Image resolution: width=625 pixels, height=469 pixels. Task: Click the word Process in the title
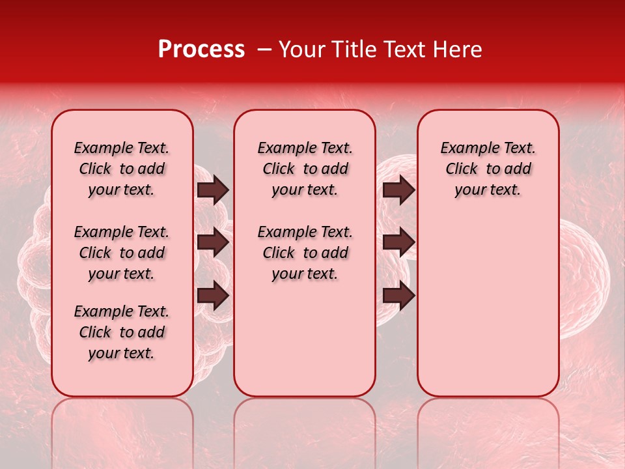click(201, 50)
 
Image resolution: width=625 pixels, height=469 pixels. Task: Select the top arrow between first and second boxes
click(213, 190)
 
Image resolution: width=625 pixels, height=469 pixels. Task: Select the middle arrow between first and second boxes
click(213, 243)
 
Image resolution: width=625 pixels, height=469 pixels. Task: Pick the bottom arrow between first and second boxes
click(213, 296)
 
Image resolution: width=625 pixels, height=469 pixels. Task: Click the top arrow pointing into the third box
click(398, 190)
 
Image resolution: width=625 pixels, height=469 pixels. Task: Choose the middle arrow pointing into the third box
click(398, 243)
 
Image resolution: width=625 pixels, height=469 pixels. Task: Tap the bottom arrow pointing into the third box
click(398, 296)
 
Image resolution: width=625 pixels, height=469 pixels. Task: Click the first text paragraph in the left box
click(122, 169)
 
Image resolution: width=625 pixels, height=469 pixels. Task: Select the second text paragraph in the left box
click(122, 253)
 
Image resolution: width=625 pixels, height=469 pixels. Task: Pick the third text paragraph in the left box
click(122, 332)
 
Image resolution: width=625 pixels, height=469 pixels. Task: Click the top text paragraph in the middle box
click(305, 169)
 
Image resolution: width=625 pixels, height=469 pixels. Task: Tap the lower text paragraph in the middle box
click(305, 253)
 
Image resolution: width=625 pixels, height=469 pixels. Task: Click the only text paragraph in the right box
click(488, 169)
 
